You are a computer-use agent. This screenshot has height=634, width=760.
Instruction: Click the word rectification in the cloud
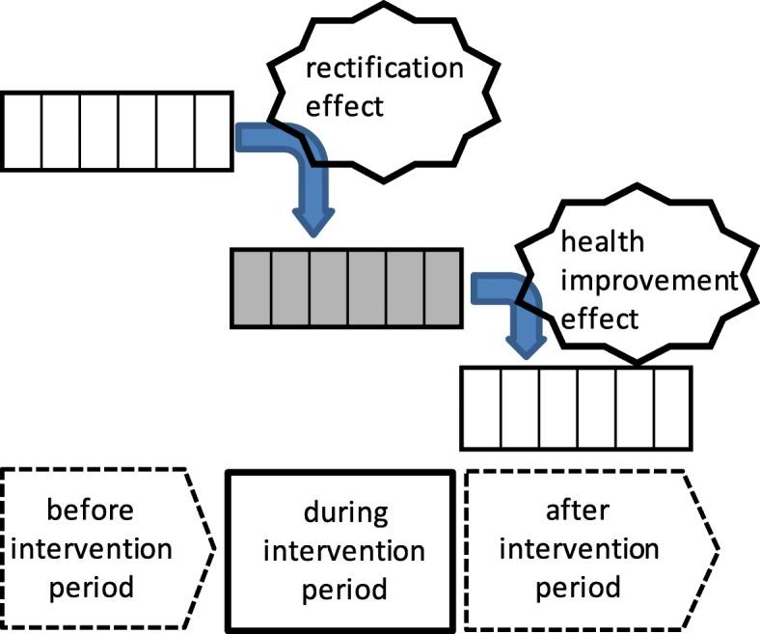(384, 69)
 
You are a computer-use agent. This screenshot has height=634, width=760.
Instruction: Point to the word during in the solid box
(342, 512)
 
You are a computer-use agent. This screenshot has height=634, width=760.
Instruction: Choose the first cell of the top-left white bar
(20, 130)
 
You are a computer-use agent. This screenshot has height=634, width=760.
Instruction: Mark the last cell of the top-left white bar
(213, 130)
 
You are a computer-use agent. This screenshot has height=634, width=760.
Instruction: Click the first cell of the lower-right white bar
(481, 408)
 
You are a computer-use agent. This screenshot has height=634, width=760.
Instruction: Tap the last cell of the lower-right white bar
(672, 408)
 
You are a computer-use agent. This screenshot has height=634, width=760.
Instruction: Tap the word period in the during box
(342, 589)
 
